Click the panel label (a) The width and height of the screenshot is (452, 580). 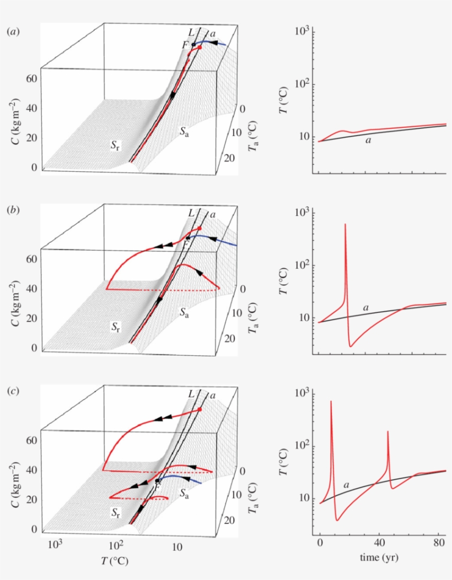(x=13, y=32)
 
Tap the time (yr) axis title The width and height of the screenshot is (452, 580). (x=379, y=557)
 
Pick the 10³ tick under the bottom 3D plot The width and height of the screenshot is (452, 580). (x=55, y=545)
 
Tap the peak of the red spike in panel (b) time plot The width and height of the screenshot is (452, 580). (x=345, y=224)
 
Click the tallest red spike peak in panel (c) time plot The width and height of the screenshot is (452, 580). (x=331, y=402)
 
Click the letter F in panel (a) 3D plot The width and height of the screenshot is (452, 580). (x=186, y=44)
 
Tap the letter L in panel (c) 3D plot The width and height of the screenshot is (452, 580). (x=191, y=393)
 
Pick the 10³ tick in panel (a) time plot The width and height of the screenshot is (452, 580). (x=301, y=31)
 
